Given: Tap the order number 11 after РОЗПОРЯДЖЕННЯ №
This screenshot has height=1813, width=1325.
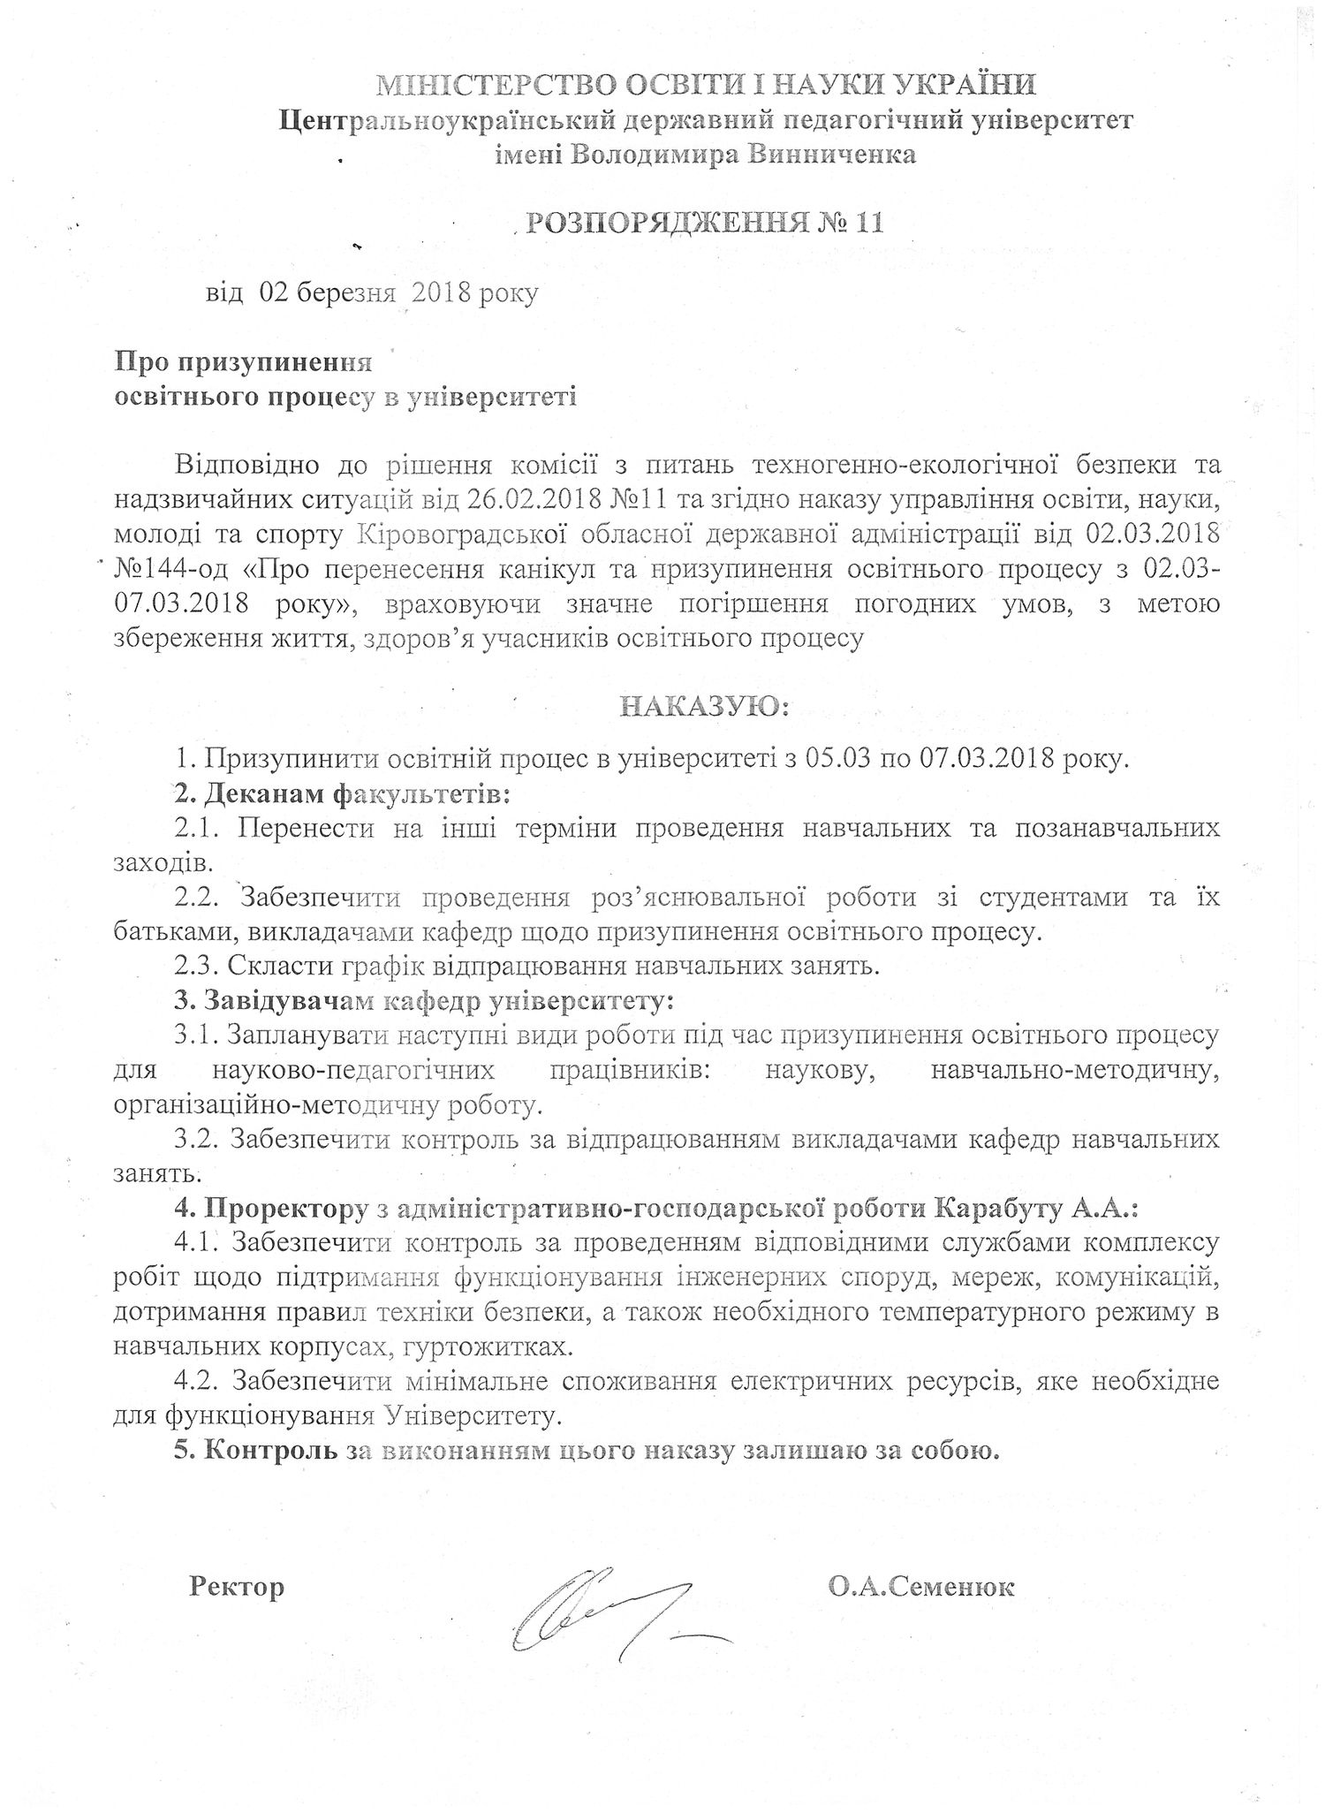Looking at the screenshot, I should pyautogui.click(x=867, y=223).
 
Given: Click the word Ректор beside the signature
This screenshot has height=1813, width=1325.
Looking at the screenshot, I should pyautogui.click(x=237, y=1587).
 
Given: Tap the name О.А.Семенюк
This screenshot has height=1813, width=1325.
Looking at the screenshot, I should pyautogui.click(x=921, y=1587).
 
